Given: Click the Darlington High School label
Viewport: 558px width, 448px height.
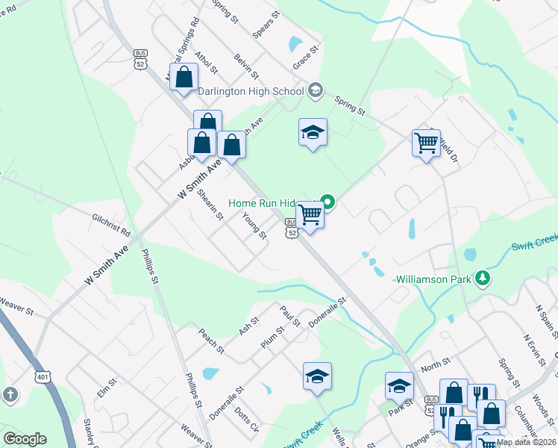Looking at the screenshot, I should pyautogui.click(x=251, y=91).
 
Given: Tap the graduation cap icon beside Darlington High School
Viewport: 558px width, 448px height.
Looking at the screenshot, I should pyautogui.click(x=315, y=90).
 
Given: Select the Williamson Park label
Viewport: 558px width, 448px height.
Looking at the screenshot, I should pyautogui.click(x=433, y=279).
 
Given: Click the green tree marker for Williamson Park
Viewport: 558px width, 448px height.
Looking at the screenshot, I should pyautogui.click(x=483, y=279).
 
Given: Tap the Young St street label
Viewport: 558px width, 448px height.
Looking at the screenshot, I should pyautogui.click(x=254, y=225).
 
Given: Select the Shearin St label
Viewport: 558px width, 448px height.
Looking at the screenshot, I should pyautogui.click(x=211, y=205).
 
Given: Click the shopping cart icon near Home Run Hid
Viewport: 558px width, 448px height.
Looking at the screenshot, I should pyautogui.click(x=310, y=215).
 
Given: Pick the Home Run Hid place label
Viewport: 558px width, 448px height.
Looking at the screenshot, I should pyautogui.click(x=262, y=202).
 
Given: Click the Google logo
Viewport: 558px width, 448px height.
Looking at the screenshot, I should pyautogui.click(x=25, y=439).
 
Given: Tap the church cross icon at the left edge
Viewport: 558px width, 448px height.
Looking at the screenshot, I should pyautogui.click(x=10, y=394).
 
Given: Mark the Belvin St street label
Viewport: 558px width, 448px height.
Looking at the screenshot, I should pyautogui.click(x=245, y=66).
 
